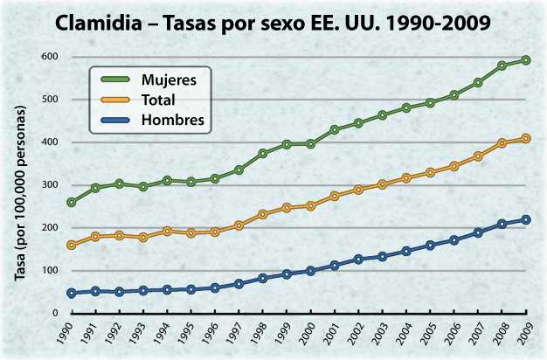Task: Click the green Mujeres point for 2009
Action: click(526, 60)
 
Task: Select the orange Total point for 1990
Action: click(71, 246)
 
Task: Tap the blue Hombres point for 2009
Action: click(526, 219)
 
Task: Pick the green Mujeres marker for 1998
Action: click(262, 154)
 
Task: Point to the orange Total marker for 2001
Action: click(335, 196)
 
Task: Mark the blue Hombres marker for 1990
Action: click(71, 294)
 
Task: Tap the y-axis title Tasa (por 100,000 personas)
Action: click(20, 190)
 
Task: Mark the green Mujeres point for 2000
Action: click(310, 143)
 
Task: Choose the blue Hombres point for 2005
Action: click(430, 246)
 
